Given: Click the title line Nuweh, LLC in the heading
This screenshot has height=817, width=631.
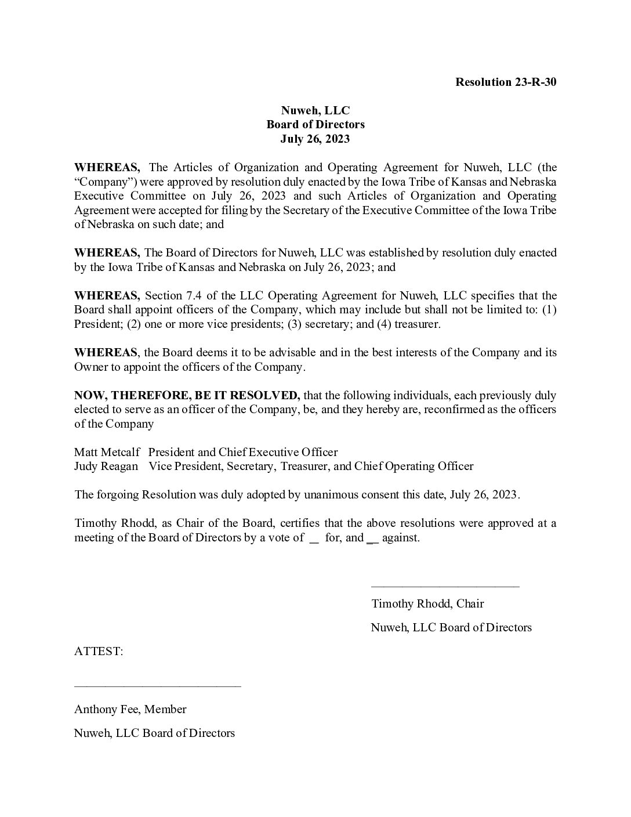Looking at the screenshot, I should point(315,110).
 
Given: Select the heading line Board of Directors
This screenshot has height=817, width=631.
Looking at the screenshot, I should point(315,124).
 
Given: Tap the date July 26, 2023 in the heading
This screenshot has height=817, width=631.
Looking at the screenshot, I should point(315,139).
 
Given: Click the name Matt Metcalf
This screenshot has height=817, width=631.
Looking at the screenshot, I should point(107,452).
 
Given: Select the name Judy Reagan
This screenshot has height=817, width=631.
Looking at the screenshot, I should point(106,466).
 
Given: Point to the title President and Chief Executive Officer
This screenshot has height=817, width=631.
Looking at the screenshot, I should point(243,452).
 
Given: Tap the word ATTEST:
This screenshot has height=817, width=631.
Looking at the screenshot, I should point(99,652).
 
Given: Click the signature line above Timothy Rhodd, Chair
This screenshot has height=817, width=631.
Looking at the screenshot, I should point(445,587).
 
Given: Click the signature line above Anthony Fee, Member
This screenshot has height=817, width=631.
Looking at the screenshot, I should point(157,687).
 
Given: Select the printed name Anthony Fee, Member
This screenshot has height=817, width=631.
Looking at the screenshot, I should point(130,709).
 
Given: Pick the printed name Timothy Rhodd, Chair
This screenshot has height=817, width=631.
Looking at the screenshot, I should point(427,603).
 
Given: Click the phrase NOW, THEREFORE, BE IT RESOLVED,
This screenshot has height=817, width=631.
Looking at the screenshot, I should point(187,396).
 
